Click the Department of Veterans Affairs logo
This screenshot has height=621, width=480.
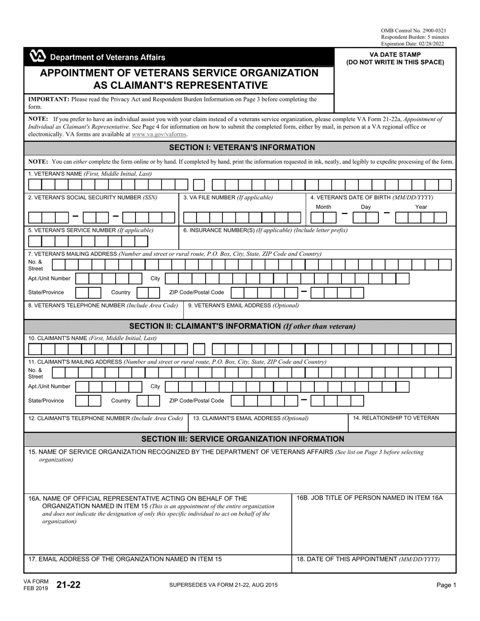38,57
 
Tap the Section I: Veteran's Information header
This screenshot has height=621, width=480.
242,147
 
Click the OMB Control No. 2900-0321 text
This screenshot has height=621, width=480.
413,31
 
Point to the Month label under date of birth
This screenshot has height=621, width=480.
323,207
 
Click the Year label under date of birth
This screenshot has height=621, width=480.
421,207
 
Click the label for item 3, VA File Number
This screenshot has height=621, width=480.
228,197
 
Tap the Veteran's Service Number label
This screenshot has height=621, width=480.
91,230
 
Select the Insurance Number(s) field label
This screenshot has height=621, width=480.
265,230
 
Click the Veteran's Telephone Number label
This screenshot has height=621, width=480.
103,305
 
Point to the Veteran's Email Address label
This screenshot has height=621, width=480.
244,305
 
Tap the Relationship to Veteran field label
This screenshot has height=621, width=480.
396,418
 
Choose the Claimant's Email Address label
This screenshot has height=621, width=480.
251,418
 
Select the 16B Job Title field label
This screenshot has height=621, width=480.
369,498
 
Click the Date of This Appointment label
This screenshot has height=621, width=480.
368,559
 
